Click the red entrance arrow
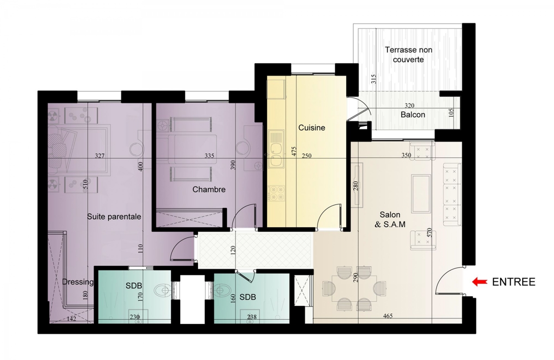coord(480,282)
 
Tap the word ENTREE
coord(514,282)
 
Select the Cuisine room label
coord(312,128)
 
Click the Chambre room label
coord(209,190)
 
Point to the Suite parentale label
coord(114,217)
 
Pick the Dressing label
coord(78,282)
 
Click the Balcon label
coord(413,115)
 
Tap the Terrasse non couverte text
coord(408,54)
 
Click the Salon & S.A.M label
coord(390,219)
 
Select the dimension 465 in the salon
coord(388,316)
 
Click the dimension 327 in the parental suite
coord(100,156)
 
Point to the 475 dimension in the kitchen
coord(294,151)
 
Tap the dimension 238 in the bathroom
coord(252,317)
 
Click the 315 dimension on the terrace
coord(373,79)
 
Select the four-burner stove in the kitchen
coord(277,193)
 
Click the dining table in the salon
coord(354,288)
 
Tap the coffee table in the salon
coord(421,193)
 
